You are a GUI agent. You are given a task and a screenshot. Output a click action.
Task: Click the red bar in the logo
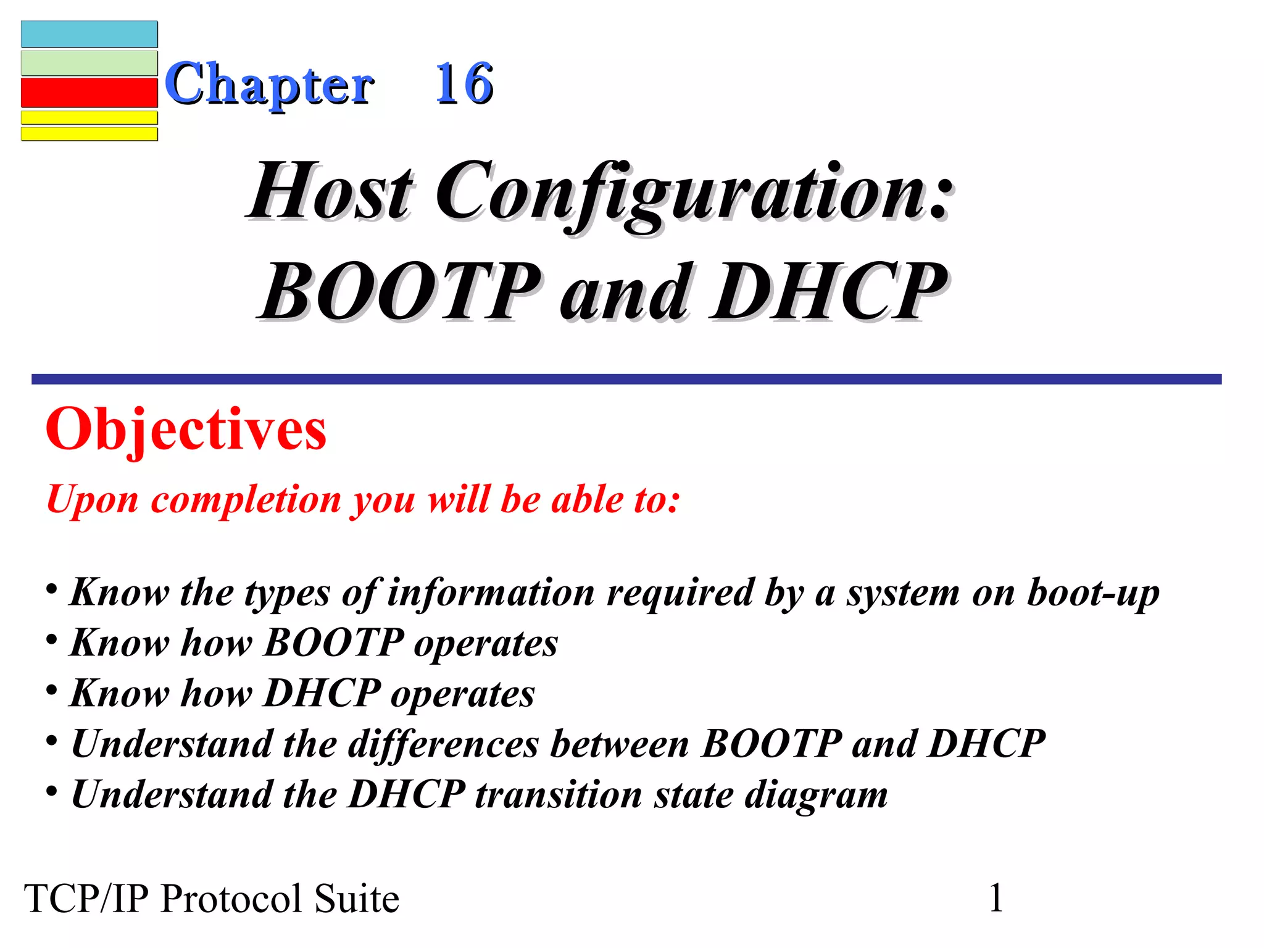(x=89, y=93)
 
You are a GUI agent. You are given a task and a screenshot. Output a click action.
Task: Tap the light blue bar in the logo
(x=89, y=34)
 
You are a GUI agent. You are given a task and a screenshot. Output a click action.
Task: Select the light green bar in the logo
(x=89, y=63)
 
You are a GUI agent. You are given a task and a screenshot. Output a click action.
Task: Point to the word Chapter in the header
(x=269, y=85)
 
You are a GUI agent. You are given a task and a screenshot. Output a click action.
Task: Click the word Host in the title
(x=330, y=191)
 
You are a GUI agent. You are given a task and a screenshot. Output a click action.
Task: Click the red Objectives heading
(x=186, y=430)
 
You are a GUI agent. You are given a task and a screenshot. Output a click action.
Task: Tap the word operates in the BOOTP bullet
(x=486, y=644)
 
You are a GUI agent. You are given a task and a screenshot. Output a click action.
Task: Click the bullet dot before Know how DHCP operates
(x=52, y=689)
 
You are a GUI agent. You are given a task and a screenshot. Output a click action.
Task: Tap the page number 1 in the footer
(x=996, y=897)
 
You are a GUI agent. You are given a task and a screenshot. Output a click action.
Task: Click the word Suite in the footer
(x=357, y=899)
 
